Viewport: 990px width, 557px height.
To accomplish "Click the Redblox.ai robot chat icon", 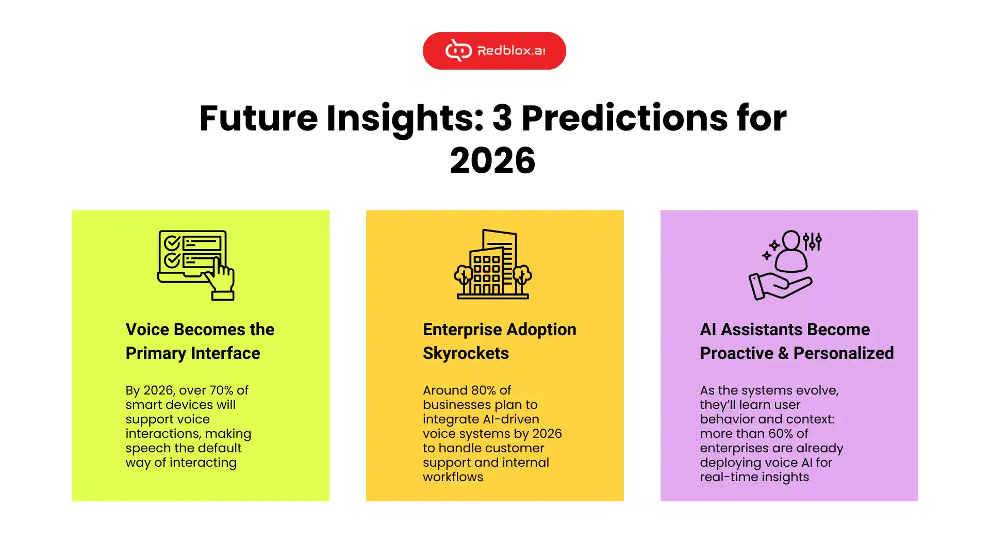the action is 458,51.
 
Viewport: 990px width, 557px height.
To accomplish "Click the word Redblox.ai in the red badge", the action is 511,51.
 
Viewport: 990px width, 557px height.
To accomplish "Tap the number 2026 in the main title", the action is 492,160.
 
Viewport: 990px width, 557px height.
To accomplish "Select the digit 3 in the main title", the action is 502,118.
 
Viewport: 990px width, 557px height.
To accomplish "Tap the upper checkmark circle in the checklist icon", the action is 172,242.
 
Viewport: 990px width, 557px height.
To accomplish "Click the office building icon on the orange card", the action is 493,264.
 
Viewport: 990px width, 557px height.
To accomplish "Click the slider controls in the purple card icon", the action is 812,241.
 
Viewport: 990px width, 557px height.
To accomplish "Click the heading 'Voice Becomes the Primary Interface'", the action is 200,341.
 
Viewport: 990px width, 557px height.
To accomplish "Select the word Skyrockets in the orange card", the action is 466,353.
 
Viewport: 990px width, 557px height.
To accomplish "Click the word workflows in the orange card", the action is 453,477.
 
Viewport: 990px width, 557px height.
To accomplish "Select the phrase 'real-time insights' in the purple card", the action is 754,477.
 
